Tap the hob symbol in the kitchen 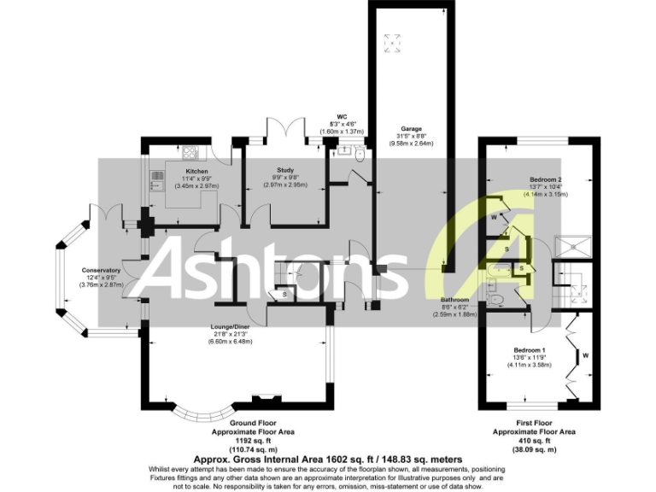(x=190, y=154)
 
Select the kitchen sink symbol (x=156, y=179)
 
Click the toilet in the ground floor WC (x=359, y=155)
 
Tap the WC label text (x=342, y=116)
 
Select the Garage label (x=413, y=129)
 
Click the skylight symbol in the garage (x=393, y=42)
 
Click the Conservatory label (x=102, y=271)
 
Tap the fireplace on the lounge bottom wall (x=267, y=399)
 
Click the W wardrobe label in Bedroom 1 (x=585, y=354)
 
